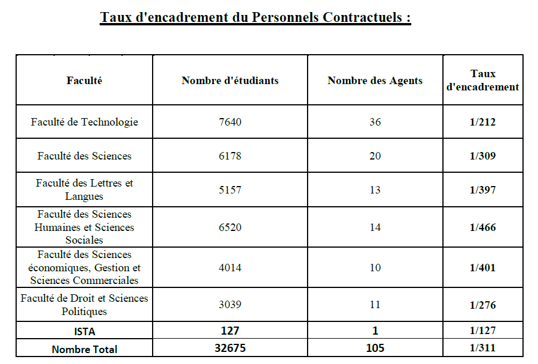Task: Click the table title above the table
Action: (255, 17)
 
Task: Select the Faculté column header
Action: (84, 81)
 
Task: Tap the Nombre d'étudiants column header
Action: (230, 81)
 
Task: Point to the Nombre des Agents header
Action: (375, 81)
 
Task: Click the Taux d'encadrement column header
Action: (483, 81)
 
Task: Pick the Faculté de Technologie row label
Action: (84, 122)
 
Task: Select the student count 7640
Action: (230, 122)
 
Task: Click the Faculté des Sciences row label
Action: (84, 156)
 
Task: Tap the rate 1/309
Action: (483, 156)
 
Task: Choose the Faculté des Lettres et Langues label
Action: (84, 190)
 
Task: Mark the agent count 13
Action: (375, 190)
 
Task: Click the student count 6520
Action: (230, 227)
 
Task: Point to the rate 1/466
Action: (483, 227)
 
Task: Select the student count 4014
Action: (230, 268)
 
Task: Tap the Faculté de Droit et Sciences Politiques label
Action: (84, 305)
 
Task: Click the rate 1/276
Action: (483, 305)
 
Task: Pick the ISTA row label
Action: (84, 331)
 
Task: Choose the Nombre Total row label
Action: (84, 349)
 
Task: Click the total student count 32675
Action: (230, 348)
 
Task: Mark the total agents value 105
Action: (375, 348)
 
